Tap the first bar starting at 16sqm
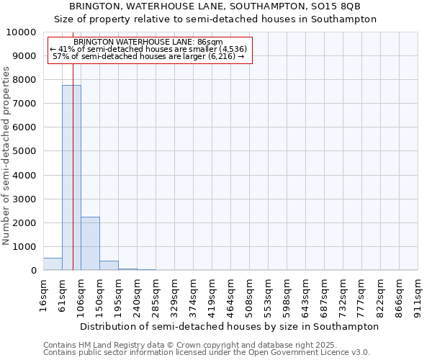(53, 264)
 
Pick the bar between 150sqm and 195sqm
(109, 266)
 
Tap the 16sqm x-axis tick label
(44, 294)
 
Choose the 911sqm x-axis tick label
(418, 294)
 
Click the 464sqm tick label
(231, 294)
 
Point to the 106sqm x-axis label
(81, 294)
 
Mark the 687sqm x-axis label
(325, 294)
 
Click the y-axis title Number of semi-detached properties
(7, 156)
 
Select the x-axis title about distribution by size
(229, 326)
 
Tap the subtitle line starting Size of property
(215, 19)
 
